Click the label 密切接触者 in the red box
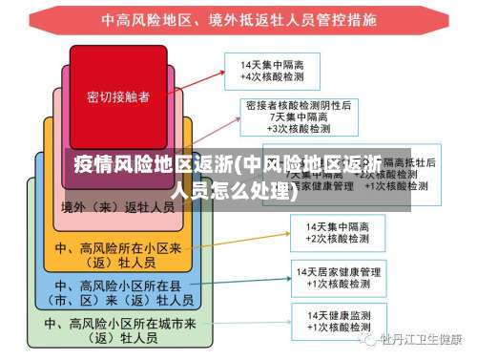(117, 96)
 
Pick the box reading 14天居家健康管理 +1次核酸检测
(338, 277)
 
